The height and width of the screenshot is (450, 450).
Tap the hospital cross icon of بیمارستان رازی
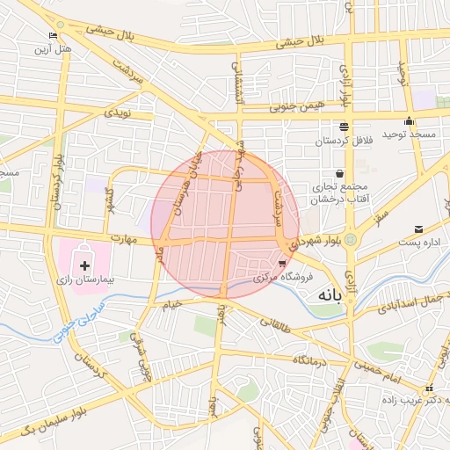[84, 265]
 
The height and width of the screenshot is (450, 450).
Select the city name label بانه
[327, 296]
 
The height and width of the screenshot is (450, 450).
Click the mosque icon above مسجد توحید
[408, 121]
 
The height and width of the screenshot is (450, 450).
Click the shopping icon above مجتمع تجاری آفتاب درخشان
[339, 173]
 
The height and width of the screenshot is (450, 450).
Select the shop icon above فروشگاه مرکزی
[281, 263]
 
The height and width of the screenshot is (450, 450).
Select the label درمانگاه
[310, 360]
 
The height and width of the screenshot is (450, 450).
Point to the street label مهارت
[125, 238]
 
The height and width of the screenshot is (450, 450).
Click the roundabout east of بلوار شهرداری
[351, 238]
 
